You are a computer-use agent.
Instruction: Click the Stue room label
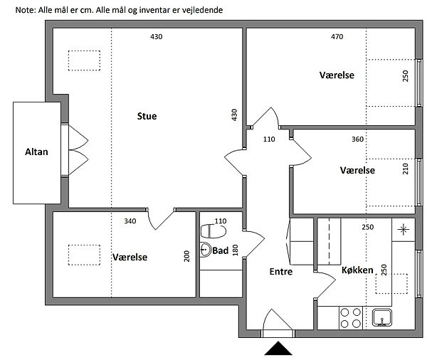[147, 116]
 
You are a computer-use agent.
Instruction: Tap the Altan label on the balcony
[36, 152]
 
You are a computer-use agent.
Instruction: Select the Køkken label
[357, 270]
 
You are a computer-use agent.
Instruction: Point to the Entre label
[281, 272]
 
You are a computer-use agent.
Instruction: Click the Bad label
[221, 250]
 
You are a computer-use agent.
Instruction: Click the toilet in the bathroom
[213, 231]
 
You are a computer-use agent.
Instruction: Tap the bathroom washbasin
[206, 250]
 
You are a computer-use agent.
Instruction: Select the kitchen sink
[381, 317]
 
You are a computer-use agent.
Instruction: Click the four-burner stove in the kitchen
[350, 318]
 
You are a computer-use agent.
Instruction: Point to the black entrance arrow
[278, 349]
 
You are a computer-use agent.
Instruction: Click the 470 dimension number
[337, 36]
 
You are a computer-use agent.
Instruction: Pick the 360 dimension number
[357, 139]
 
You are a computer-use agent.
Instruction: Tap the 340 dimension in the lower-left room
[130, 221]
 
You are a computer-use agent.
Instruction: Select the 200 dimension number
[186, 256]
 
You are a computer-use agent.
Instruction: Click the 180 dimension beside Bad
[235, 250]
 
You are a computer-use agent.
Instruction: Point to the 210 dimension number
[406, 169]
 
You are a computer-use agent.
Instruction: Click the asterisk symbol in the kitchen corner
[403, 230]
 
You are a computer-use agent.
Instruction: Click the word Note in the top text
[26, 10]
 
